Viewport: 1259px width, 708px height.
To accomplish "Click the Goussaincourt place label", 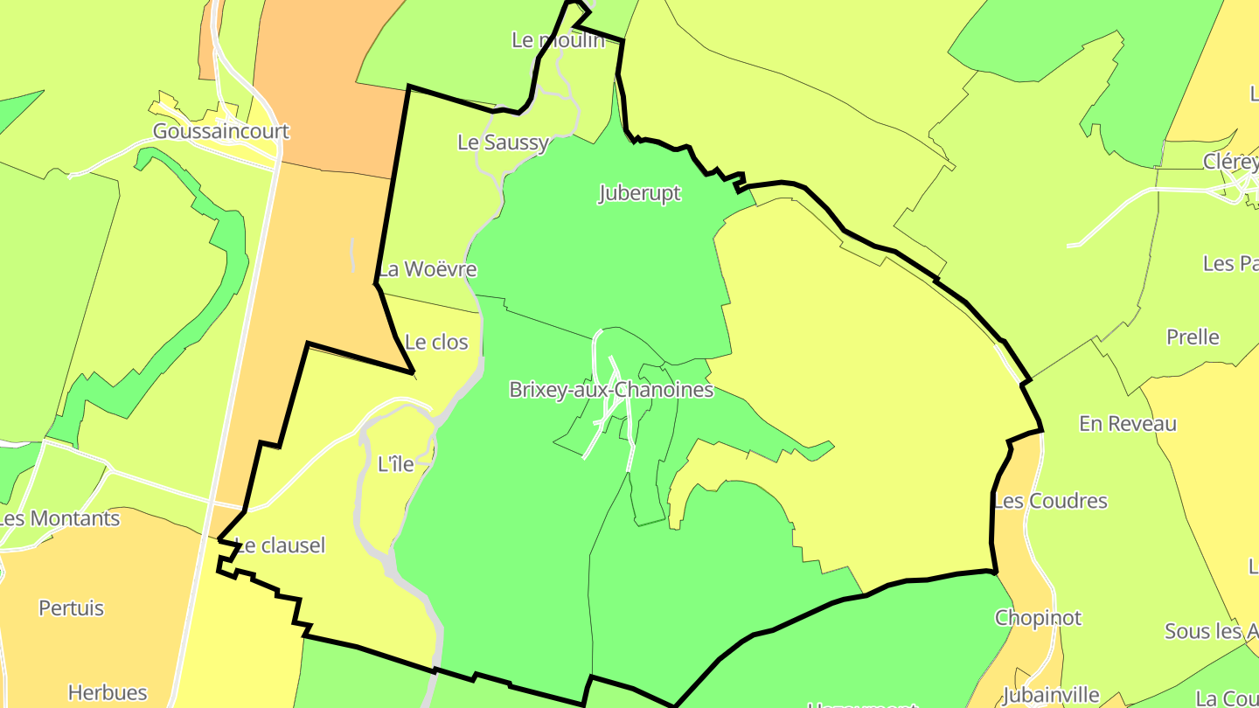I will pyautogui.click(x=220, y=131).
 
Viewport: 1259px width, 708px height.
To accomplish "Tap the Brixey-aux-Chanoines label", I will pyautogui.click(x=611, y=390).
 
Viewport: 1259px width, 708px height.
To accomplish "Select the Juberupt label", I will pyautogui.click(x=640, y=193).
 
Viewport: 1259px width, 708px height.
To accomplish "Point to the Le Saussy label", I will pyautogui.click(x=504, y=142).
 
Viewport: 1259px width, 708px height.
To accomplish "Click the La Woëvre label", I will pyautogui.click(x=428, y=269).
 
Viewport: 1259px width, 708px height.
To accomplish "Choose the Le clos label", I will pyautogui.click(x=437, y=343).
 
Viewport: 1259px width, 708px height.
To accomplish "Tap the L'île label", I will pyautogui.click(x=395, y=465).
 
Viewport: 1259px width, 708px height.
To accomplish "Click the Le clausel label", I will pyautogui.click(x=281, y=545).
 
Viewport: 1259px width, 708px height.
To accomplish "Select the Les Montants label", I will pyautogui.click(x=59, y=518).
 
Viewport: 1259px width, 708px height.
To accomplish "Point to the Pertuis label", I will pyautogui.click(x=71, y=608).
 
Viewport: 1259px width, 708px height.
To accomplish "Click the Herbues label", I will pyautogui.click(x=108, y=693).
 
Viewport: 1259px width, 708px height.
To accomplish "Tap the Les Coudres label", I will pyautogui.click(x=1050, y=502).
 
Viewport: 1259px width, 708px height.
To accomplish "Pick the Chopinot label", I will pyautogui.click(x=1038, y=618).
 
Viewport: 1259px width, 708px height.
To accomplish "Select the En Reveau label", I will pyautogui.click(x=1128, y=424).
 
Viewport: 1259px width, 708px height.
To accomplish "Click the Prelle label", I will pyautogui.click(x=1193, y=337).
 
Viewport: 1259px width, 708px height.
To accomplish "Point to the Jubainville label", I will pyautogui.click(x=1050, y=696).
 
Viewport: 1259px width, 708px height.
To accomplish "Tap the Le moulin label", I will pyautogui.click(x=558, y=39).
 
